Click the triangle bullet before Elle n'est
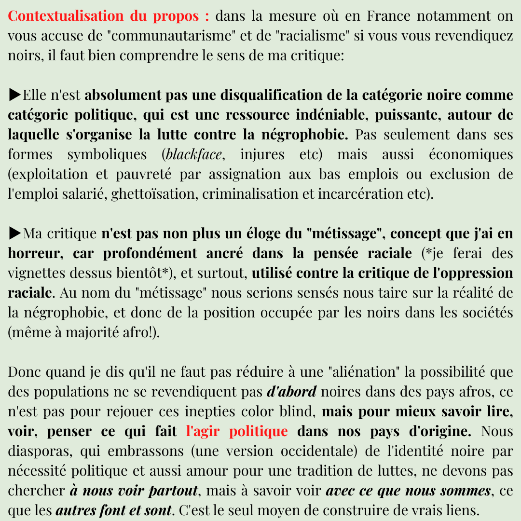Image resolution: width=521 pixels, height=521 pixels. tap(15, 95)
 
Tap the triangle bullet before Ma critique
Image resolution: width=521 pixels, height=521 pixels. tap(15, 233)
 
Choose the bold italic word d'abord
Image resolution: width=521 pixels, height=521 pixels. tap(291, 392)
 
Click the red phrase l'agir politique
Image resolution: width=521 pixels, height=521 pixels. tap(236, 431)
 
